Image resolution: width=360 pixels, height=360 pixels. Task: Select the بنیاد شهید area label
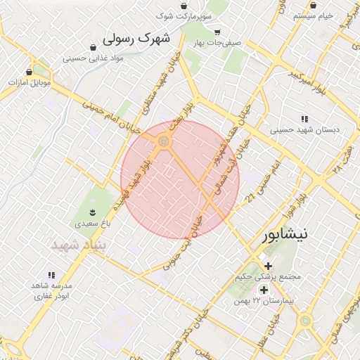point(79,245)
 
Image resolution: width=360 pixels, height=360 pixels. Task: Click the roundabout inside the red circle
point(165,143)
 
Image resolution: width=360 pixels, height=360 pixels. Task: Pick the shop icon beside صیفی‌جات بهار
point(217,32)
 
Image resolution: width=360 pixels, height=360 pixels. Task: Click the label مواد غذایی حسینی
point(91,58)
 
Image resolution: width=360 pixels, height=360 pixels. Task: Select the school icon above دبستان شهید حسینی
point(304,119)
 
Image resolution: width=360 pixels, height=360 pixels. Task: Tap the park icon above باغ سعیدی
point(92,212)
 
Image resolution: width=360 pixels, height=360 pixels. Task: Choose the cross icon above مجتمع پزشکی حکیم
point(268,265)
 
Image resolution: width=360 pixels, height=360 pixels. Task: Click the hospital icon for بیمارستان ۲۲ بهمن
point(264,290)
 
